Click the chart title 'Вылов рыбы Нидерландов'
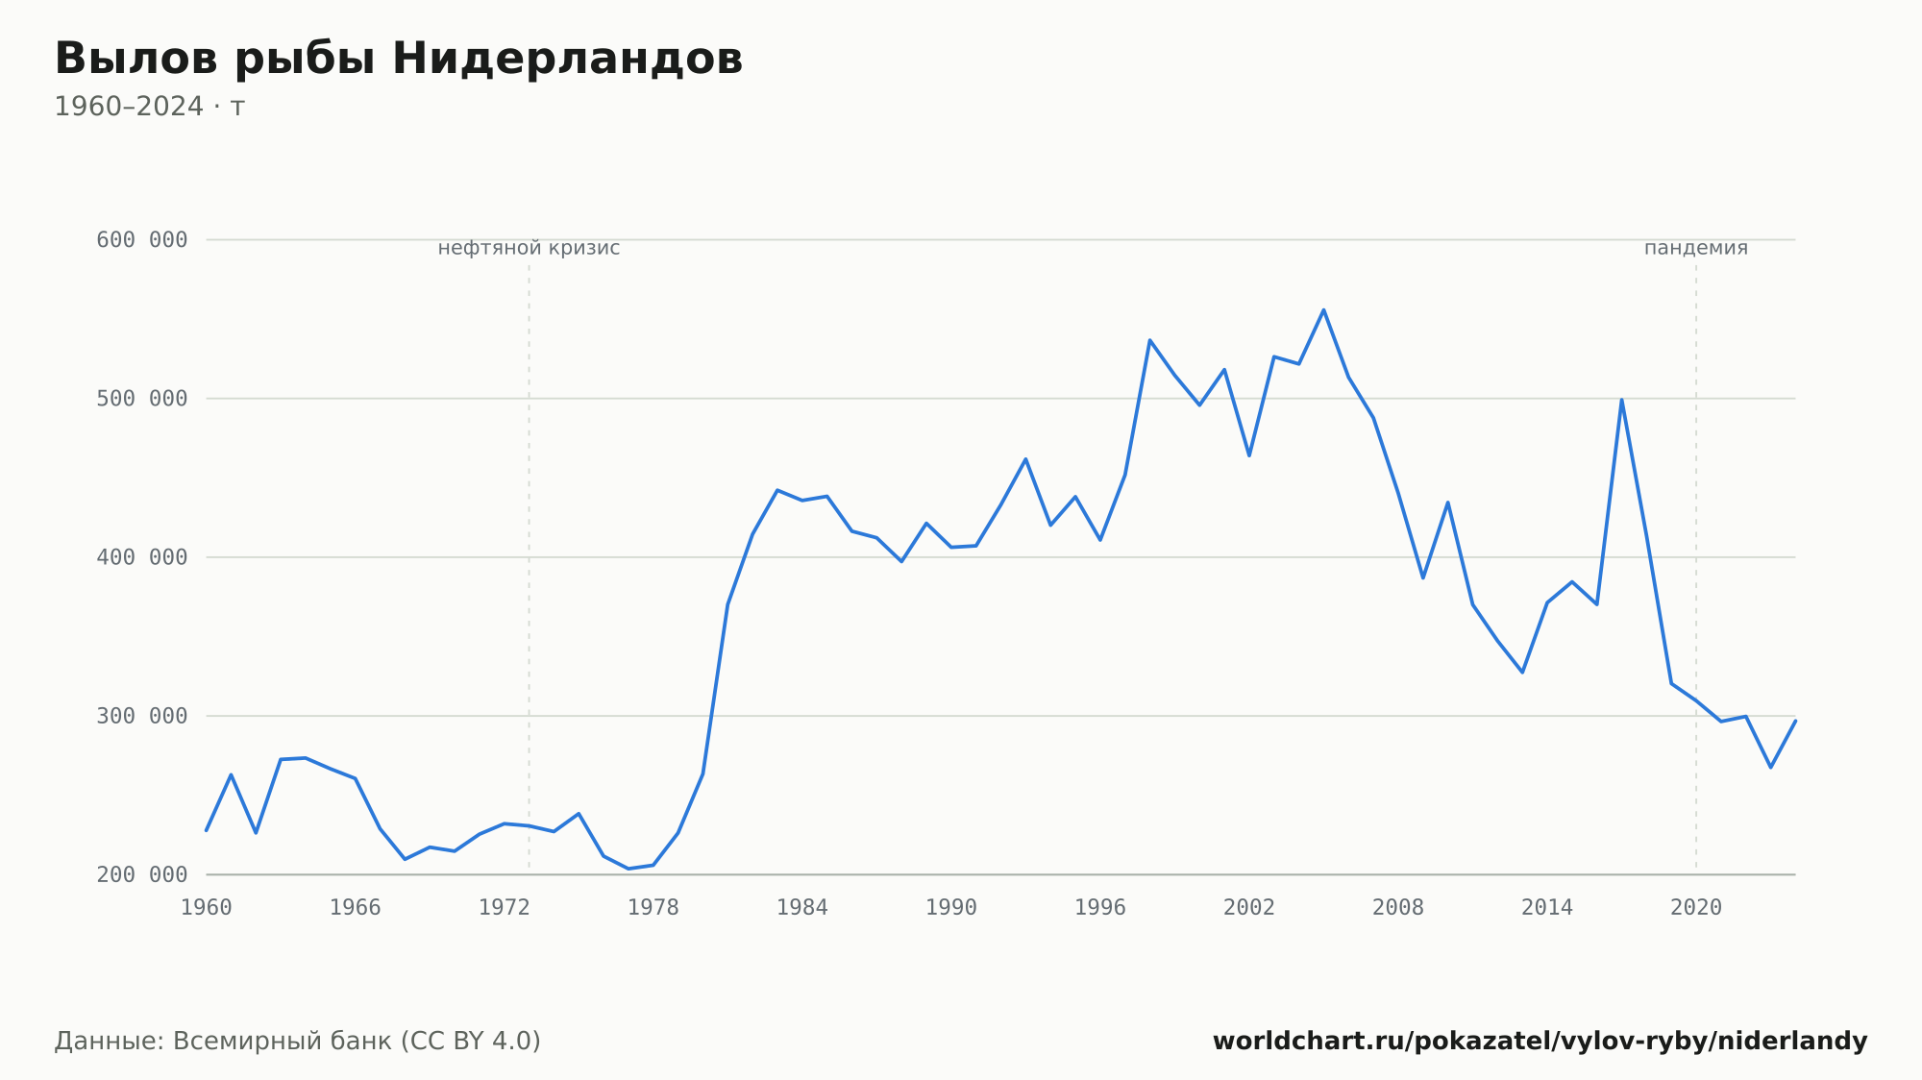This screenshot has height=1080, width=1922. point(399,59)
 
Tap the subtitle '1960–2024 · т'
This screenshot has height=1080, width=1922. point(150,107)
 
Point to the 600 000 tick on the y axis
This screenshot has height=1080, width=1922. point(142,240)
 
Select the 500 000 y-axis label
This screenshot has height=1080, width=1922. point(142,399)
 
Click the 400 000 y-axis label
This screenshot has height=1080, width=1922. point(142,557)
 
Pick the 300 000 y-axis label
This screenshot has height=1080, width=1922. point(142,716)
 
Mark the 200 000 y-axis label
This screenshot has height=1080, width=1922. point(142,874)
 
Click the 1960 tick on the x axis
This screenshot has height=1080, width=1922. point(207,908)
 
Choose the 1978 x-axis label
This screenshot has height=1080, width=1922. point(653,908)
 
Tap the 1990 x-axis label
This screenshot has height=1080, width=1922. point(951,908)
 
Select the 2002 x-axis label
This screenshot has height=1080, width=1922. point(1249,908)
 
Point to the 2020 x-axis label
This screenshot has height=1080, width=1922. point(1696,908)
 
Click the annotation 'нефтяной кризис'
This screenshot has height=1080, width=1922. point(530,248)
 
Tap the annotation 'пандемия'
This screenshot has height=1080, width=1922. point(1696,248)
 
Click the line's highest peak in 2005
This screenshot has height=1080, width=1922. point(1323,309)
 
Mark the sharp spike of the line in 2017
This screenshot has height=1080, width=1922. point(1621,400)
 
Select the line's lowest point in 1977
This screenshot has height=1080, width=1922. point(628,869)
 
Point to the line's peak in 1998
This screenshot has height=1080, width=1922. point(1149,340)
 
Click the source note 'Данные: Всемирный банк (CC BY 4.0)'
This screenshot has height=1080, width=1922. point(298,1042)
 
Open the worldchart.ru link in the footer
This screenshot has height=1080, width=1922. point(1540,1042)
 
